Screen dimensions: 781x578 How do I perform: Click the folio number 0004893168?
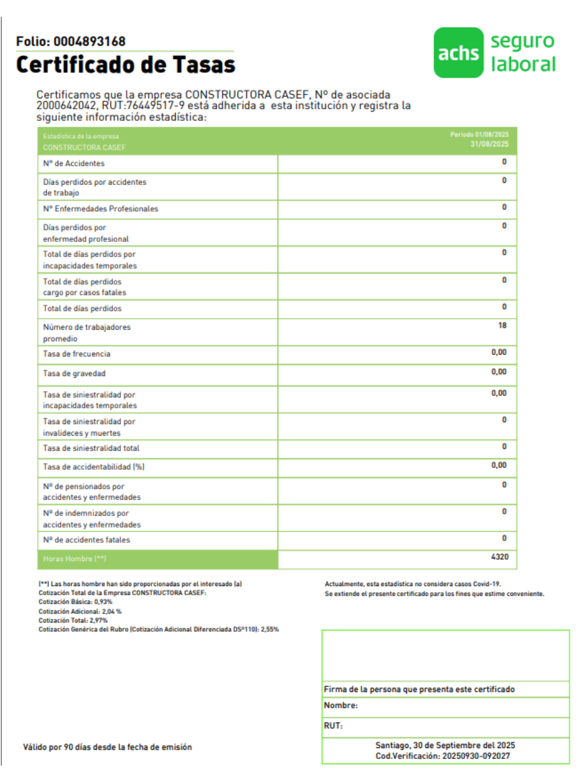[x=90, y=42]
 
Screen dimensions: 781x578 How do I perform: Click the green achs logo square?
[x=458, y=53]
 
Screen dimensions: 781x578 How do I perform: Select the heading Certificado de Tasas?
[x=125, y=65]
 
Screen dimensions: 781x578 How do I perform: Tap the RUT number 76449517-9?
[x=155, y=106]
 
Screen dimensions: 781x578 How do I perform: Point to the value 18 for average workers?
[x=502, y=326]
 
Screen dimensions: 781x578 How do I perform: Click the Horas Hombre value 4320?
[x=499, y=557]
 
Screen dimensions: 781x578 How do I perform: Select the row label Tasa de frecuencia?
[x=76, y=354]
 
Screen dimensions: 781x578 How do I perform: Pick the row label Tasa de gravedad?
[x=74, y=374]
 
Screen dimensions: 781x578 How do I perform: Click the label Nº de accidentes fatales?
[x=86, y=540]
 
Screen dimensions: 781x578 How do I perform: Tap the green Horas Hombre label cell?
[x=157, y=559]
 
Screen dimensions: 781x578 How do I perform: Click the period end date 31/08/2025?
[x=489, y=144]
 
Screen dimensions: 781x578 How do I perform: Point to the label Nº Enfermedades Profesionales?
[x=100, y=209]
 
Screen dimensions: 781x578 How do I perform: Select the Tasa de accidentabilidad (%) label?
[x=93, y=467]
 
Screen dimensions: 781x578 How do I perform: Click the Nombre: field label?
[x=340, y=706]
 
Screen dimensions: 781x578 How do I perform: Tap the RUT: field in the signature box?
[x=333, y=726]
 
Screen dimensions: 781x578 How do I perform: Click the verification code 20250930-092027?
[x=476, y=756]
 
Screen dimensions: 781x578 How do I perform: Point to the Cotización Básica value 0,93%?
[x=103, y=602]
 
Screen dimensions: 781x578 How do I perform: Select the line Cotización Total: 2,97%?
[x=73, y=620]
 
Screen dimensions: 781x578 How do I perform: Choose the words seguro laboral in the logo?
[x=523, y=53]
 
